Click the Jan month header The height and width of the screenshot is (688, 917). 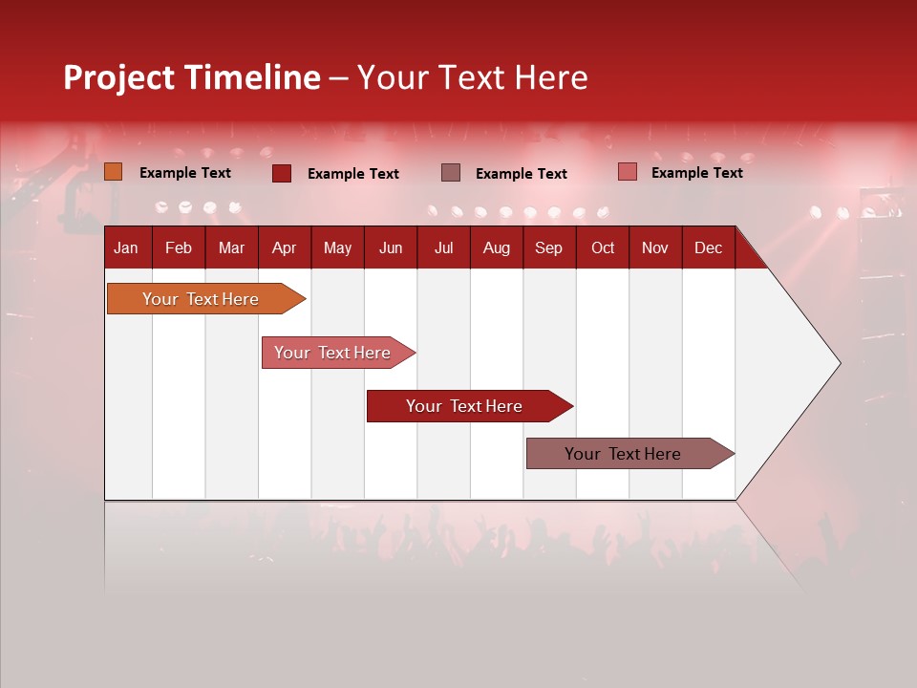point(126,247)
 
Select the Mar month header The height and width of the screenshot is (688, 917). point(231,247)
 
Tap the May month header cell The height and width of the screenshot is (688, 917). point(337,247)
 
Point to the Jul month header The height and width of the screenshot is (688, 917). point(443,247)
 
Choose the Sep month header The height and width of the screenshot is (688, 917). point(548,247)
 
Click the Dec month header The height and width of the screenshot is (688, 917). point(708,247)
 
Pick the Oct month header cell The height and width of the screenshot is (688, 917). point(603,247)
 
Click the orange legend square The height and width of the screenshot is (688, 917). point(114,172)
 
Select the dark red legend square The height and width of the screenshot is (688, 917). point(282,173)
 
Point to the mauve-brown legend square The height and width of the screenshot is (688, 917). point(451,173)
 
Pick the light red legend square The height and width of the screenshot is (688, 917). point(627,172)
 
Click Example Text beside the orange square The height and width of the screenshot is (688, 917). point(185,173)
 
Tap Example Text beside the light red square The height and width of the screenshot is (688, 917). point(697,173)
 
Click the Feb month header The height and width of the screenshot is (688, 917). point(179,247)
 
